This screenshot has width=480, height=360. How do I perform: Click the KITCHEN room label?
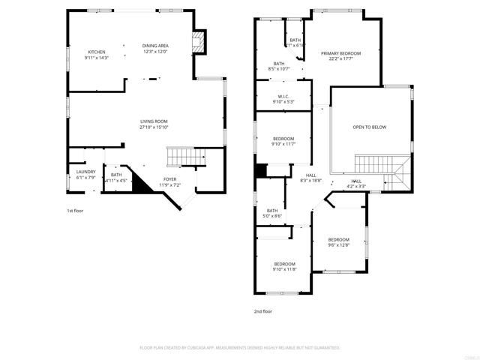97,52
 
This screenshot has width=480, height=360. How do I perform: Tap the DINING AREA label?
155,46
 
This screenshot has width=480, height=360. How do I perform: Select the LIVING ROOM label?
154,121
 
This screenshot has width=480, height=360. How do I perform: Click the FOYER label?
170,179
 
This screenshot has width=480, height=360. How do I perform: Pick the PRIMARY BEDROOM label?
341,53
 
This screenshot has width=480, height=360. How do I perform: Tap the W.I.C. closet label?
283,96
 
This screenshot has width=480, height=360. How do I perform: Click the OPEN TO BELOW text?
370,127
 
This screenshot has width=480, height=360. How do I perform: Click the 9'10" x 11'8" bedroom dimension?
284,269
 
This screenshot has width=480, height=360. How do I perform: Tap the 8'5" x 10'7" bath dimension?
279,69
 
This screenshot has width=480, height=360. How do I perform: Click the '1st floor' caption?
75,211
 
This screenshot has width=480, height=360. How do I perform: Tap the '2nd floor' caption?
262,310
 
